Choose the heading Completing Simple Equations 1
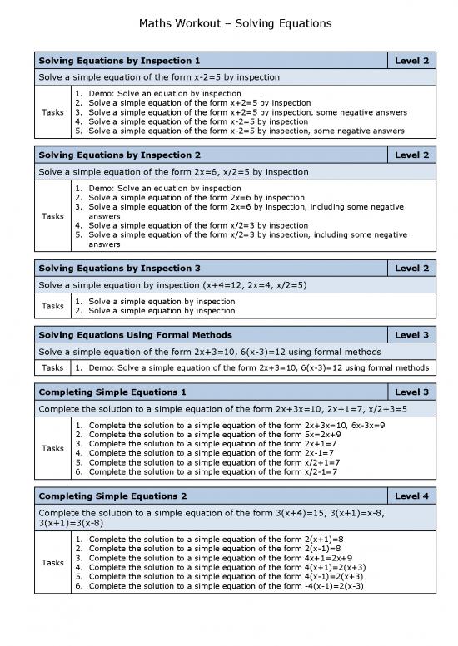pyautogui.click(x=113, y=392)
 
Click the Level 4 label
pyautogui.click(x=412, y=496)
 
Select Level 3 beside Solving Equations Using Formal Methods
pyautogui.click(x=412, y=334)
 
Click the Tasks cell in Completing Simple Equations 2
pyautogui.click(x=53, y=563)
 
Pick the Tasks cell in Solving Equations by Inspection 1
pyautogui.click(x=53, y=112)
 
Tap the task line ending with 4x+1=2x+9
pyautogui.click(x=220, y=558)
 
